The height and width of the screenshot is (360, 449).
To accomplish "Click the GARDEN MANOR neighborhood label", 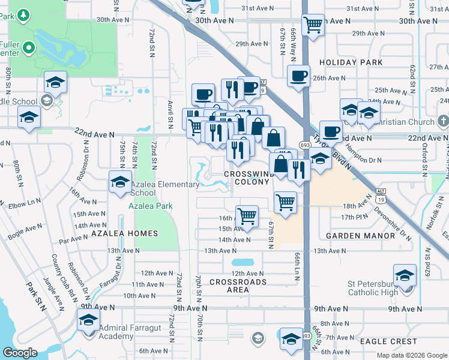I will (360, 236).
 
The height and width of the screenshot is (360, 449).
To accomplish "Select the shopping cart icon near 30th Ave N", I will (313, 25).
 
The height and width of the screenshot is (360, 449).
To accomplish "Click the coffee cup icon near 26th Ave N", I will (298, 76).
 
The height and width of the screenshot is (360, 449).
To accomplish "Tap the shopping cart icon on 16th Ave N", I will (247, 216).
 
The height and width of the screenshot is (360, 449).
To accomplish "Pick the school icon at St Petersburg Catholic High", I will (405, 275).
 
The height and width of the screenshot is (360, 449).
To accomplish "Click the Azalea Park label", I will (151, 206).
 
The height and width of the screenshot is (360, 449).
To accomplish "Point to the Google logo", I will (20, 352).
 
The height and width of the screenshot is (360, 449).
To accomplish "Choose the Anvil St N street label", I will (171, 114).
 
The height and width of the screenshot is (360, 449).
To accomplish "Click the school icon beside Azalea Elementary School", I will (120, 182).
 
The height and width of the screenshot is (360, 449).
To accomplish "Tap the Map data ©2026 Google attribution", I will (411, 355).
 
